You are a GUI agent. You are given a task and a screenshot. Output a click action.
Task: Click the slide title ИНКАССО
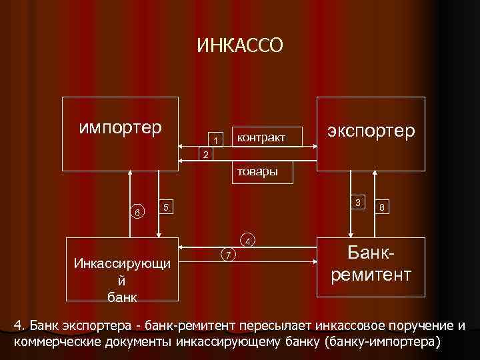tap(240, 45)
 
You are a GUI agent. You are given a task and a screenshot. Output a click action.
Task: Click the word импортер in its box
tap(120, 127)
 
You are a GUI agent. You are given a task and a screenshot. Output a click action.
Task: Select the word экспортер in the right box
tap(371, 130)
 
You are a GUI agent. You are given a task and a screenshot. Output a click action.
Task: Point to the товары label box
tap(255, 171)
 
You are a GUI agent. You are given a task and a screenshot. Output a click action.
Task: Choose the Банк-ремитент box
tap(371, 265)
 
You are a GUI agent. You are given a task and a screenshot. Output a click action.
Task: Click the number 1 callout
tap(215, 140)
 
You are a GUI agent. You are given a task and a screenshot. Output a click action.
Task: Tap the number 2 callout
tap(206, 155)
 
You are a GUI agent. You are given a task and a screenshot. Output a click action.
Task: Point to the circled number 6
tap(137, 212)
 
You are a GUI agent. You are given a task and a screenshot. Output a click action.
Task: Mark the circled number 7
tap(228, 255)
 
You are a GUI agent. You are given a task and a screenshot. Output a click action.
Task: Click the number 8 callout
tap(381, 207)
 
